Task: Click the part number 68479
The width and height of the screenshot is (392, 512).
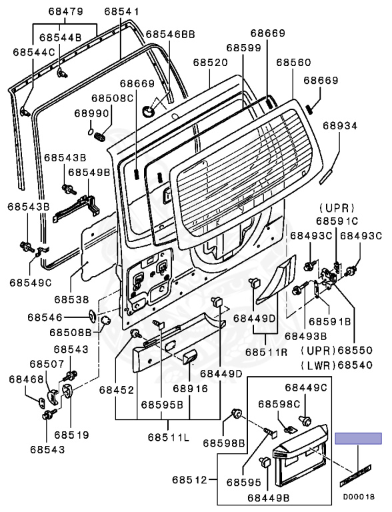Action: click(65, 12)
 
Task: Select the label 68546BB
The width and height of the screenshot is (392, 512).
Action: click(170, 34)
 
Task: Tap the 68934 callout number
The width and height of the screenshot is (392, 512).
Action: click(341, 126)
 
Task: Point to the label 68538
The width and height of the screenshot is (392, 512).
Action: click(71, 299)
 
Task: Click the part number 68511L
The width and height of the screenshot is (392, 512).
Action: click(168, 437)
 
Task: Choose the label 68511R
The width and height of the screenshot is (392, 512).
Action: click(266, 352)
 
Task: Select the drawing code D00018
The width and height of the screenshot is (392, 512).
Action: click(359, 497)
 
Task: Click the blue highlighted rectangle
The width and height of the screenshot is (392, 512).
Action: click(359, 439)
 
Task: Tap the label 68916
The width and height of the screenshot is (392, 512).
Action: click(190, 389)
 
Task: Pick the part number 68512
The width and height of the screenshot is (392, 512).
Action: click(189, 480)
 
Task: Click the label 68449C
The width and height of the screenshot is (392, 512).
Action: click(306, 387)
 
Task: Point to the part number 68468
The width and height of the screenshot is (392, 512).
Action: click(26, 379)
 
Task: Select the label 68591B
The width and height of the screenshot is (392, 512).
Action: click(329, 321)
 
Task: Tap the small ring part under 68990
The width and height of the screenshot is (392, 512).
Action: click(91, 132)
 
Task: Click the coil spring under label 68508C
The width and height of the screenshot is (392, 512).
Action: click(99, 136)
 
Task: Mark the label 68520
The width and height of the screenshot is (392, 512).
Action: click(210, 63)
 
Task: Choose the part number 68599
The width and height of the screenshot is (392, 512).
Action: click(244, 48)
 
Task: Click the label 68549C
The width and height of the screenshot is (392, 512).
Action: click(31, 283)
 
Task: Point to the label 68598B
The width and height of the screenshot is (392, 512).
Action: click(224, 443)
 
